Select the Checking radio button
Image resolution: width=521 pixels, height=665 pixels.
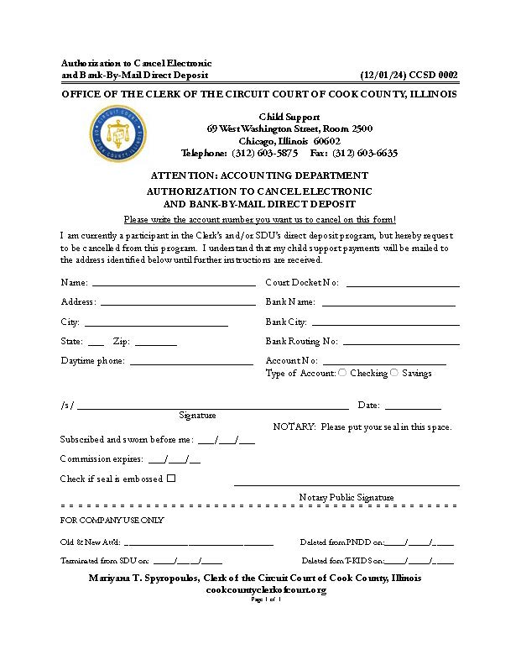point(342,373)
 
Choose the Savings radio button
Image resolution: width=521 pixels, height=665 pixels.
point(394,373)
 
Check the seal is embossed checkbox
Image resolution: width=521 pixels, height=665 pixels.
point(171,479)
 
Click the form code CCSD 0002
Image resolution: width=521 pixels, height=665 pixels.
point(433,76)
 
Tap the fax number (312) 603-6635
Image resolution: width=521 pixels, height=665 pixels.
point(365,154)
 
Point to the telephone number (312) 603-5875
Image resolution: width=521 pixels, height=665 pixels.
point(265,154)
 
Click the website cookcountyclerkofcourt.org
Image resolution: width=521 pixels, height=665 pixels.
point(265,590)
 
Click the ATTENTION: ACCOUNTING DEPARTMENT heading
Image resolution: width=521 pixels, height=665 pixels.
point(259,175)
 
